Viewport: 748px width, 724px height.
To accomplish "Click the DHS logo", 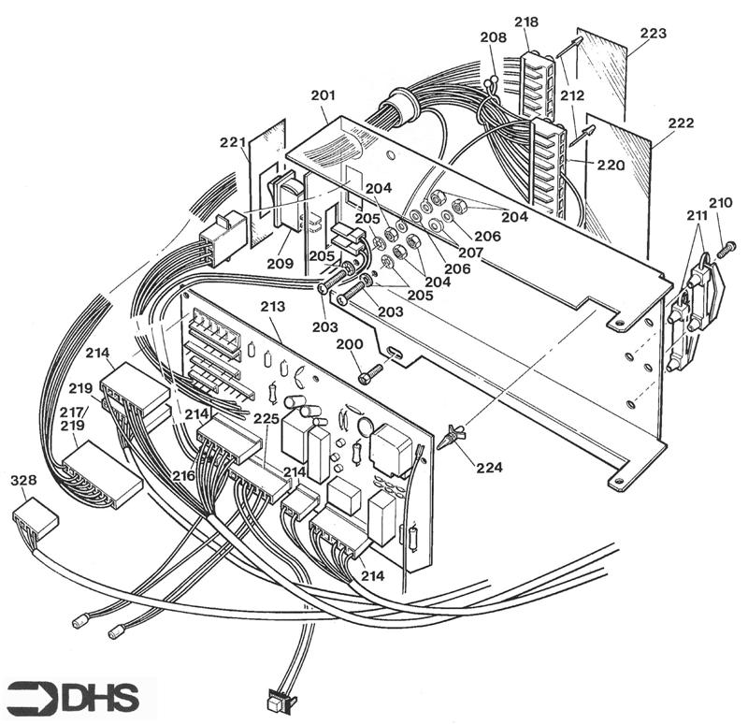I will [73, 698].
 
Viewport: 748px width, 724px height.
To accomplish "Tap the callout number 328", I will [23, 481].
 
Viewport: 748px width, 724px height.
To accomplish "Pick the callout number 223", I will [653, 34].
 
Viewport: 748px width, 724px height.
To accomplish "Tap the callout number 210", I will [720, 203].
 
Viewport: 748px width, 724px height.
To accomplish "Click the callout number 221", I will [231, 142].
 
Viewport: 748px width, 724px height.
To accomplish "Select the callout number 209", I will [279, 264].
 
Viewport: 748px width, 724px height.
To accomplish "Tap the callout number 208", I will [493, 38].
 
